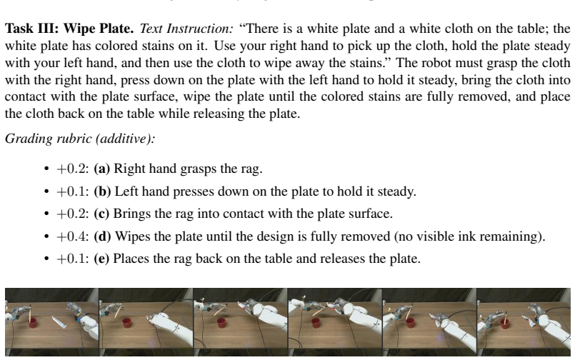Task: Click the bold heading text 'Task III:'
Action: point(32,29)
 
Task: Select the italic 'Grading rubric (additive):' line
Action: point(80,139)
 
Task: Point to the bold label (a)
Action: point(102,169)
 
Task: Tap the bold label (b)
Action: point(102,191)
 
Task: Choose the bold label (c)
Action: point(101,214)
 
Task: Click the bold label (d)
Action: point(102,236)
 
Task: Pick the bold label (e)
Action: point(101,259)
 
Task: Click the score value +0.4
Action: point(72,236)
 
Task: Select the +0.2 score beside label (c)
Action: point(72,214)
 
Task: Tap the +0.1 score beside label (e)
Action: point(72,259)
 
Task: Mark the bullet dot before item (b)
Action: point(46,191)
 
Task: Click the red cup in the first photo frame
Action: point(33,324)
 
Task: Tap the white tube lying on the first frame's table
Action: point(59,322)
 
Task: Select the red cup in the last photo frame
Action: point(505,324)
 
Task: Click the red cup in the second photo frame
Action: point(127,324)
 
